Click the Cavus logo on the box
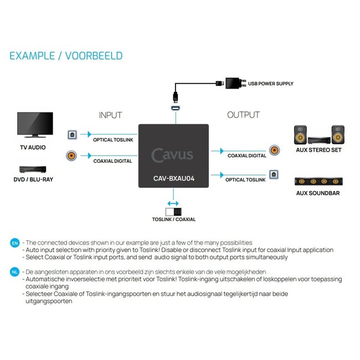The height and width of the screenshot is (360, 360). coord(172,155)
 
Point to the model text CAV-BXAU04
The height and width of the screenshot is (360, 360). coord(173,178)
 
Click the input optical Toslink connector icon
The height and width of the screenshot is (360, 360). coord(71,134)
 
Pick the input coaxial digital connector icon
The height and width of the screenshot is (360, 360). coord(71,156)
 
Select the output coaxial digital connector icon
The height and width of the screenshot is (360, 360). coord(274,150)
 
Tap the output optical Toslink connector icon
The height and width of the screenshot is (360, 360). coord(274,175)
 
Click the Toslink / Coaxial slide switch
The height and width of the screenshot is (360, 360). coord(173,211)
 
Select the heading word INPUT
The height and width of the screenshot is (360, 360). coord(110,115)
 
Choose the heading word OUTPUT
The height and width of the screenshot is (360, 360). coord(243,115)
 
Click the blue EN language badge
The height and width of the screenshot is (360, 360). coord(15,243)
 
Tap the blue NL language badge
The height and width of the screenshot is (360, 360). coord(15,272)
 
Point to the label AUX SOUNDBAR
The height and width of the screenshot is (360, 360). coord(318,193)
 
